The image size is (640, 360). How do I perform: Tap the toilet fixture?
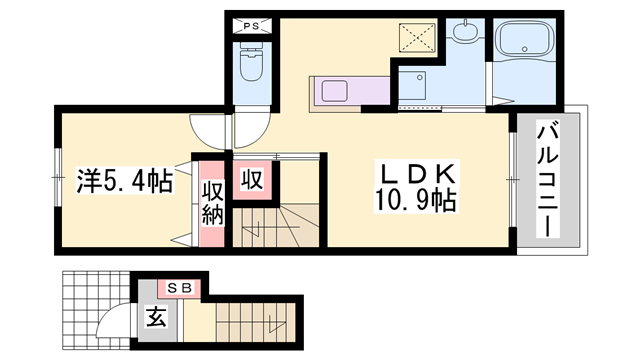pos(251,68)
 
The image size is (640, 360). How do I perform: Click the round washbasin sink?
pos(465,32)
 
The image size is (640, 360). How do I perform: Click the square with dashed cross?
pos(417,37)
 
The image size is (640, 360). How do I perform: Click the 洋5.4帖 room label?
pos(123,182)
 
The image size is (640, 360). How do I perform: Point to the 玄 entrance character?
pos(157,319)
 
